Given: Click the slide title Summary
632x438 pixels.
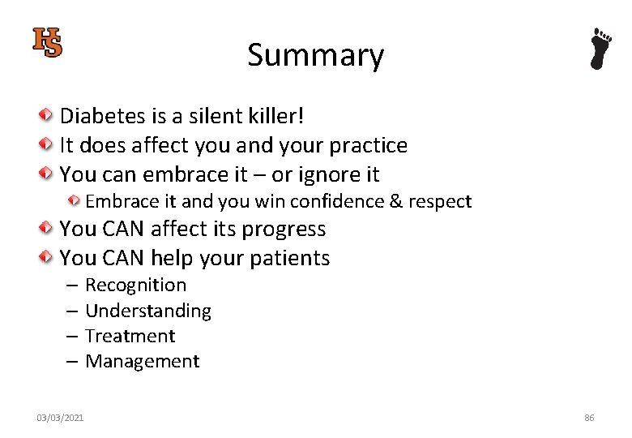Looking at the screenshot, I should tap(315, 55).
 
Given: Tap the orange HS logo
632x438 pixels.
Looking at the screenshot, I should tap(48, 42).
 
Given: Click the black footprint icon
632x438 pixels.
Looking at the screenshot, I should tap(600, 49).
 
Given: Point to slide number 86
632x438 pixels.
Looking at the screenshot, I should tap(589, 418).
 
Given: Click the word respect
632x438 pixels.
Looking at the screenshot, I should tap(439, 201).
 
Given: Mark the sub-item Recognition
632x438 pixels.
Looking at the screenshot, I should tap(135, 285).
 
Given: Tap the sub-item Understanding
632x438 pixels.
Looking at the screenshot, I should tap(148, 311).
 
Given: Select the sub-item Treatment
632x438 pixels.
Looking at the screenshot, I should tap(130, 336).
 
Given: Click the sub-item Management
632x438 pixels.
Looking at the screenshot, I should tap(142, 361).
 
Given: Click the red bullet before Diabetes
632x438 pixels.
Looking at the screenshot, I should tap(49, 116).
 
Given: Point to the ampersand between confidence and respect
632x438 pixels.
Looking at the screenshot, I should tap(395, 201).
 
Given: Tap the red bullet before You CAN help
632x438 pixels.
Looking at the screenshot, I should tap(49, 258).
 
